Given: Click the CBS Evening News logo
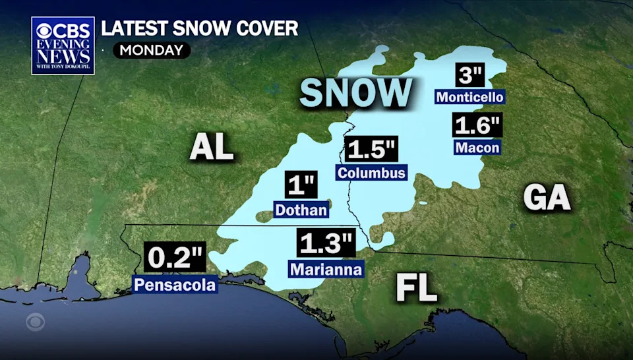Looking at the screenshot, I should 63,45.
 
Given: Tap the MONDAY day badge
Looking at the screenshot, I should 152,50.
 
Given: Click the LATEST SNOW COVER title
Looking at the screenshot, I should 199,28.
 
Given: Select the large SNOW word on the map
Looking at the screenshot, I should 355,93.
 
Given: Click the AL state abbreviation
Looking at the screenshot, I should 212,146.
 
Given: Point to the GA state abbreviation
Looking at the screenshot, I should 547,197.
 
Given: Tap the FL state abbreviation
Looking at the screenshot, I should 417,288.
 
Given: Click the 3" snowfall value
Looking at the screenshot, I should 471,76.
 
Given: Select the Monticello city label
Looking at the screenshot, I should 470,98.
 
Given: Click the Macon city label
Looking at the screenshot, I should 477,148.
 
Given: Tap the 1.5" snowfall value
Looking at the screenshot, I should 371,150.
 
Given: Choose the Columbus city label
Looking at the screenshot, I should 371,173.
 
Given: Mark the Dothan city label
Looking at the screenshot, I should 301,210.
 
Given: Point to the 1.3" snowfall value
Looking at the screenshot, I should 326,245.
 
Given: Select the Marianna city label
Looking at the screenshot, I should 326,269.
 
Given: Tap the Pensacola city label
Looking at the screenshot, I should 175,285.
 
